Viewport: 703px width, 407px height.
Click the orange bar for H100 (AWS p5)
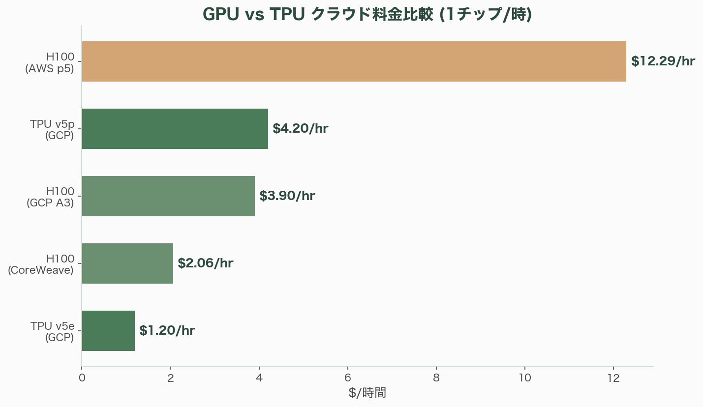click(354, 61)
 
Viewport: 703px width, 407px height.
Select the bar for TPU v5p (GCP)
click(175, 129)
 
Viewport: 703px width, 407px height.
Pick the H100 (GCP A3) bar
click(168, 196)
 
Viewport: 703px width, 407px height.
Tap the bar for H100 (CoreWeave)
click(127, 263)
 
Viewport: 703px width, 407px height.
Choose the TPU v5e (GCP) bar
click(108, 331)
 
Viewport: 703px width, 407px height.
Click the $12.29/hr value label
click(663, 61)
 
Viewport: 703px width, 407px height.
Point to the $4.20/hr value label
click(300, 129)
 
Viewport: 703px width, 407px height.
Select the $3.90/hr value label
click(287, 196)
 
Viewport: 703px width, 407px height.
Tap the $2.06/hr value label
click(205, 263)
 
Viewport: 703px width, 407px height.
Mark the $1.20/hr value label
click(167, 331)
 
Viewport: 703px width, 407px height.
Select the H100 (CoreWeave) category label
click(41, 264)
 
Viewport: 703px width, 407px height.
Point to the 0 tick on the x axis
click(82, 378)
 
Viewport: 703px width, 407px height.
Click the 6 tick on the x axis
click(348, 378)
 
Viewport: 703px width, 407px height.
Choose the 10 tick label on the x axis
click(525, 378)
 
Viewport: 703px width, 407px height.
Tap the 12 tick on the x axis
click(613, 378)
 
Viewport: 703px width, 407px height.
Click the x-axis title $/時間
click(367, 393)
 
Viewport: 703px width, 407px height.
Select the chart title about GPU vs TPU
click(367, 14)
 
